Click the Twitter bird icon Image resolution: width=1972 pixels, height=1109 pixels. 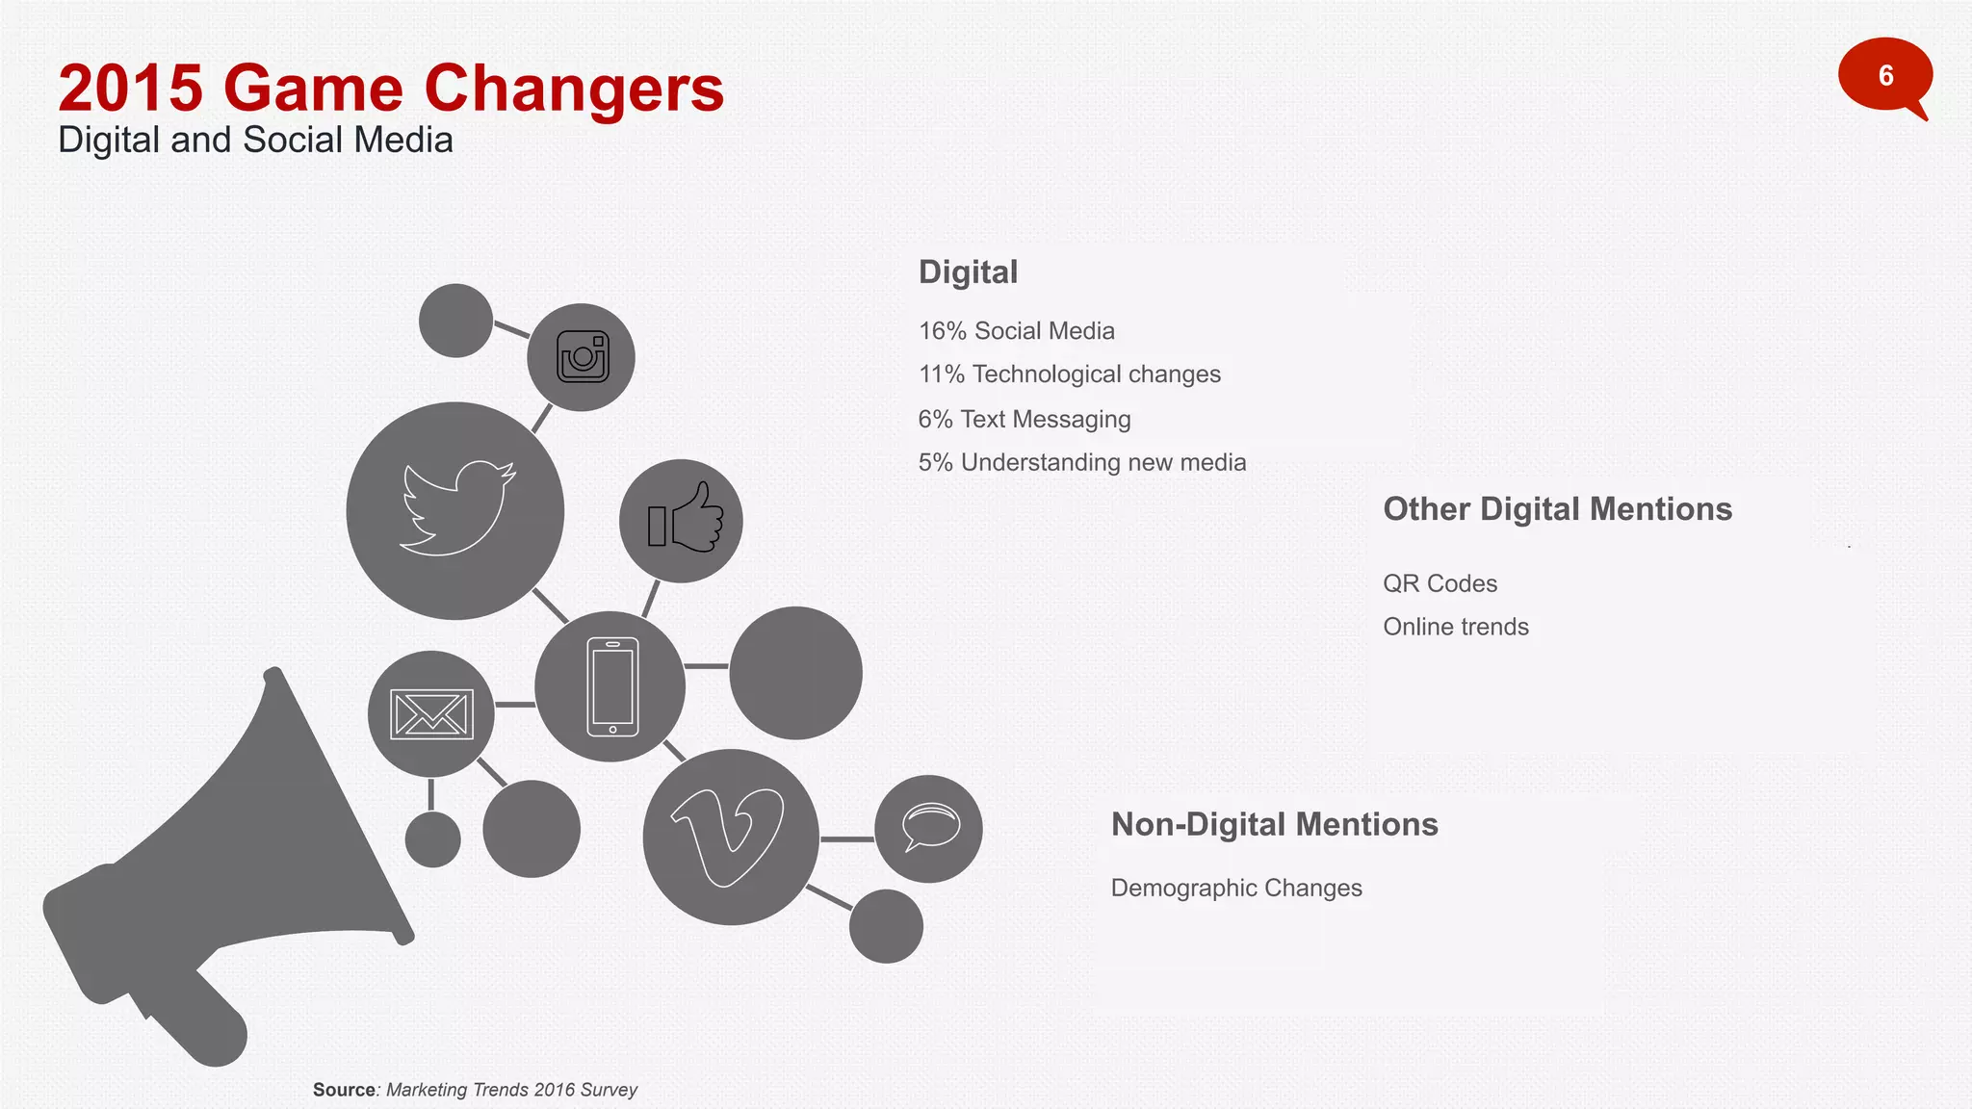(456, 509)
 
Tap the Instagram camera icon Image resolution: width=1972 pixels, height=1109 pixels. (583, 357)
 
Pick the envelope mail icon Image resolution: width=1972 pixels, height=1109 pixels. (431, 714)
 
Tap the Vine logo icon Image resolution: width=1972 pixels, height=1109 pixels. (730, 836)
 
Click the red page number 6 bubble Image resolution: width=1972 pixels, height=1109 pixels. (1884, 76)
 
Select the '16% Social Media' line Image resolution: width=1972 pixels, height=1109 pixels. (1016, 331)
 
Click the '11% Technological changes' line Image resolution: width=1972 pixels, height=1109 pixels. (1069, 374)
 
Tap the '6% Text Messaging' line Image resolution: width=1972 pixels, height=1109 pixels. (1024, 420)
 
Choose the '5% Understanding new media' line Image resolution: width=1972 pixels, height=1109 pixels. (1081, 463)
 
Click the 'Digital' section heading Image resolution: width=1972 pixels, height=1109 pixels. (968, 272)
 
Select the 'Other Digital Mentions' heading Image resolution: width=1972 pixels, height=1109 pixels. (1557, 509)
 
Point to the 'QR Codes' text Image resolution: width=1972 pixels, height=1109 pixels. (1440, 583)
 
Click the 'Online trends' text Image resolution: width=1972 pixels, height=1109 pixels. (1455, 627)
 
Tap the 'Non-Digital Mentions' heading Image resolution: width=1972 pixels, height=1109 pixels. (1274, 825)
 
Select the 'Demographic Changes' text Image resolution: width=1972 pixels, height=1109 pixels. (1236, 888)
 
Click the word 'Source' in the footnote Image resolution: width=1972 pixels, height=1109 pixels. (344, 1090)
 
